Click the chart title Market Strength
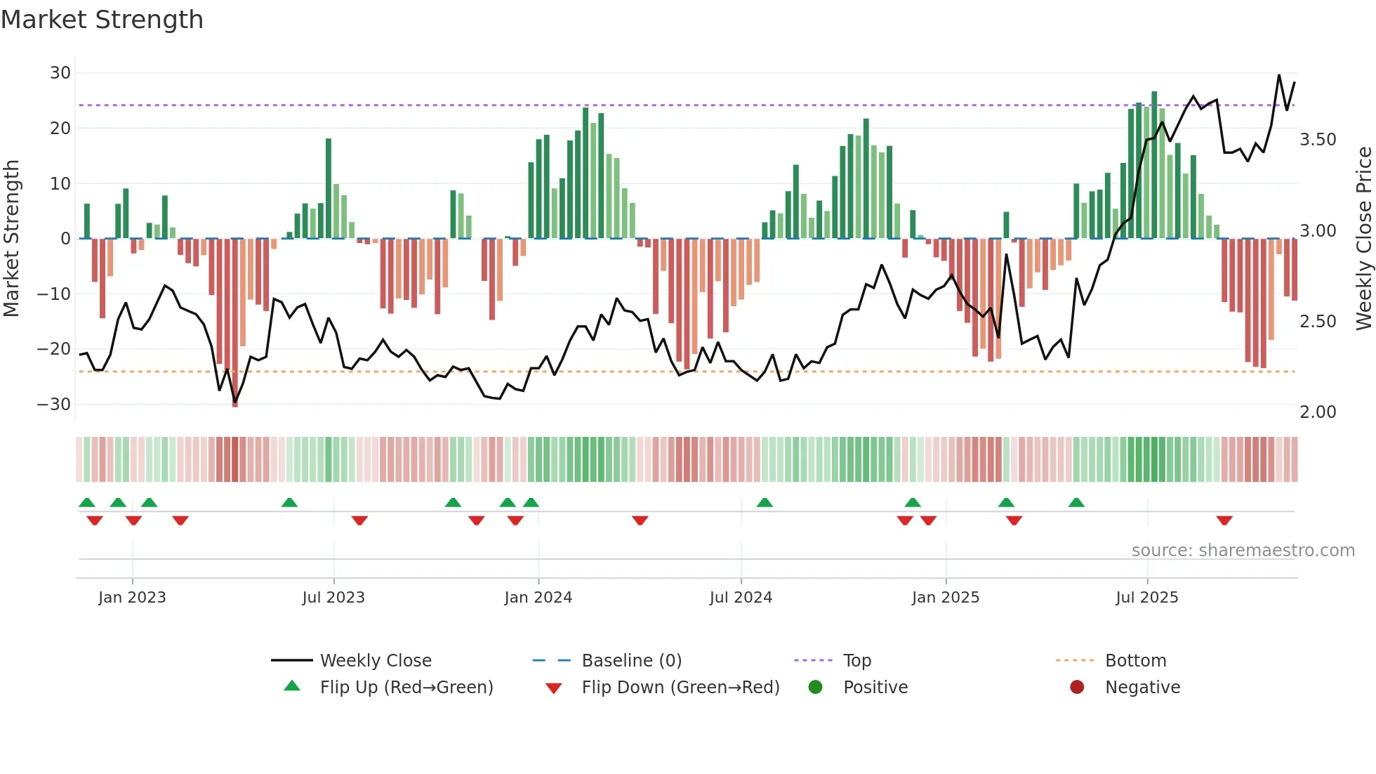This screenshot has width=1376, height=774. coord(102,20)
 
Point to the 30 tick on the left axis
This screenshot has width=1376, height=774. coord(60,73)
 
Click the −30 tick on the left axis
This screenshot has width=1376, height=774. coord(54,405)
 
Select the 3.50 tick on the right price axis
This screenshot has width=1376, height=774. coord(1318,140)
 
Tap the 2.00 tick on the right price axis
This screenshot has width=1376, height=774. coord(1318,412)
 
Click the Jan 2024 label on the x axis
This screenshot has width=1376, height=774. coord(538,598)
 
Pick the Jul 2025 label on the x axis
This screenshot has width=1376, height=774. coord(1146,598)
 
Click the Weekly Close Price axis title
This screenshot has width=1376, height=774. coord(1363,238)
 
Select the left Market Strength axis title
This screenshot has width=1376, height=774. coord(11,238)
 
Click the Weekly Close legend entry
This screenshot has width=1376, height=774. coord(375,661)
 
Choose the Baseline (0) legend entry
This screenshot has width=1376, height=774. coord(631,661)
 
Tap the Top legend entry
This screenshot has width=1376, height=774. coord(856,661)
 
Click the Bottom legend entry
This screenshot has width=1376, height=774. coord(1135,661)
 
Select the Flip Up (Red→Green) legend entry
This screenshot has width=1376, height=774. coord(406,688)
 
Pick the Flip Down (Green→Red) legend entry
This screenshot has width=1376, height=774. coord(680,688)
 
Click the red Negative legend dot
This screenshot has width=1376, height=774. coord(1077,688)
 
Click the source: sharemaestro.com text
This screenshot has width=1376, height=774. coord(1243,551)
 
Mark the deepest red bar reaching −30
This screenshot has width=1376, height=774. coord(234,323)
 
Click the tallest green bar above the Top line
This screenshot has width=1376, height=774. coord(1154,165)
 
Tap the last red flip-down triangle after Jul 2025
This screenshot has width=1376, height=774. coord(1224,520)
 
